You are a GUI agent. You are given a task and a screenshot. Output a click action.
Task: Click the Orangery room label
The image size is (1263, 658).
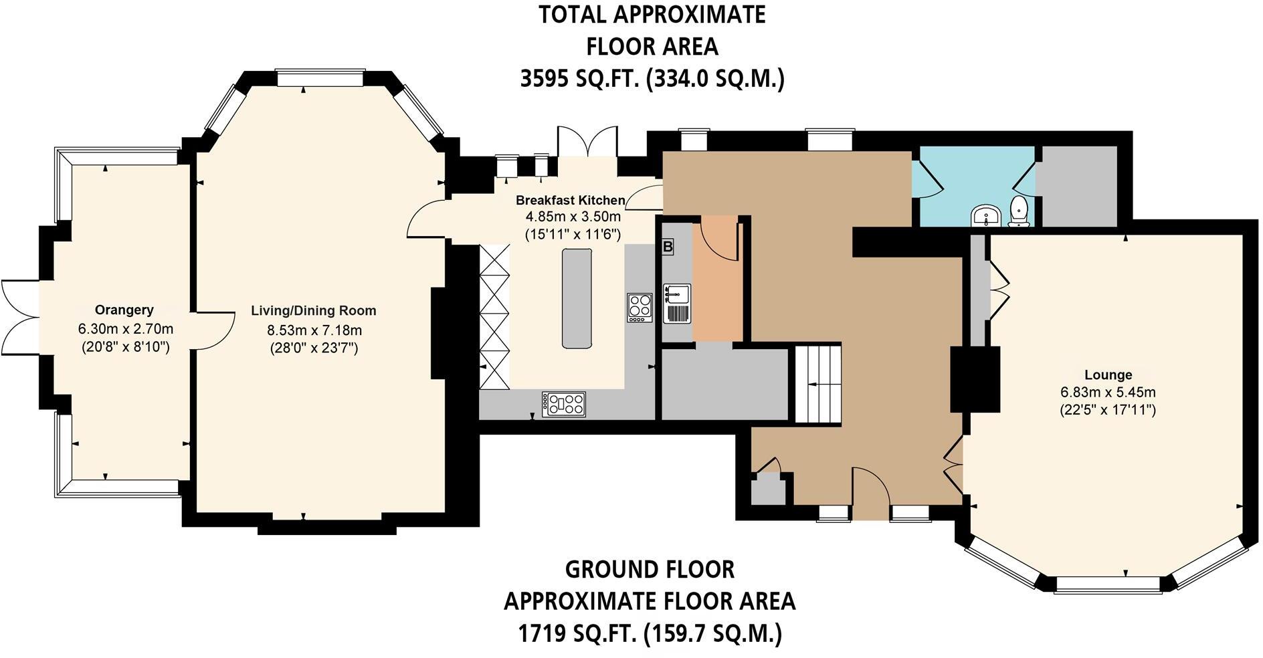pos(124,310)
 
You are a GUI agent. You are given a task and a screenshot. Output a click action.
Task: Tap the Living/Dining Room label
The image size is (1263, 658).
pos(313,311)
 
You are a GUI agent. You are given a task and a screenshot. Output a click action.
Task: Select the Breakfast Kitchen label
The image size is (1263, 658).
pos(570,200)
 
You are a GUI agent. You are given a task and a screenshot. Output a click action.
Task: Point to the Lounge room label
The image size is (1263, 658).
pos(1108,375)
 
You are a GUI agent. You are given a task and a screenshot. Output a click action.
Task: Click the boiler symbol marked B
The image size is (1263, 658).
pos(667,247)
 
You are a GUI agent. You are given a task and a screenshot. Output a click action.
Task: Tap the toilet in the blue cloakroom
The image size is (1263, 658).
pos(1018,211)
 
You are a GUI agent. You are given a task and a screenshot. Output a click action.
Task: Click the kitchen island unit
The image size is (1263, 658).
pos(577,298)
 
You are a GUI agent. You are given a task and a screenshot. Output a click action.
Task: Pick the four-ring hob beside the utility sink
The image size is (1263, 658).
pos(640,308)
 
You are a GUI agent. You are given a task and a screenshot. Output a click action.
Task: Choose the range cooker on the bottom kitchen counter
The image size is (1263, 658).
pos(563,404)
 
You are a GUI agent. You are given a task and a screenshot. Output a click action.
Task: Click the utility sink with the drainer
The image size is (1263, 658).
pos(676,304)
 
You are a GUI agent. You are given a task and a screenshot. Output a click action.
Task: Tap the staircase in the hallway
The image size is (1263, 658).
pos(817,384)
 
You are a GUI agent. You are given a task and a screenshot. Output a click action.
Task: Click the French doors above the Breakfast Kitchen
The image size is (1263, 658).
pos(587,141)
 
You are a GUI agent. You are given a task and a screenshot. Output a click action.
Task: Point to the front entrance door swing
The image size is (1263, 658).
pos(870,491)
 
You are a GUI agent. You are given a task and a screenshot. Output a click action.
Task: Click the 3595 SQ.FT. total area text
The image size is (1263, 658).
pos(651,79)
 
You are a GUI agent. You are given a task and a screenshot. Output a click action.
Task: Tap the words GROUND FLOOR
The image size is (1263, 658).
pos(650,569)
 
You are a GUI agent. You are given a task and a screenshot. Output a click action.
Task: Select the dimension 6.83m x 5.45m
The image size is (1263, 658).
pos(1108,393)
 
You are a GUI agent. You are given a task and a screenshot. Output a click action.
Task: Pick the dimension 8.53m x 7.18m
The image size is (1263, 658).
pos(314,330)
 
